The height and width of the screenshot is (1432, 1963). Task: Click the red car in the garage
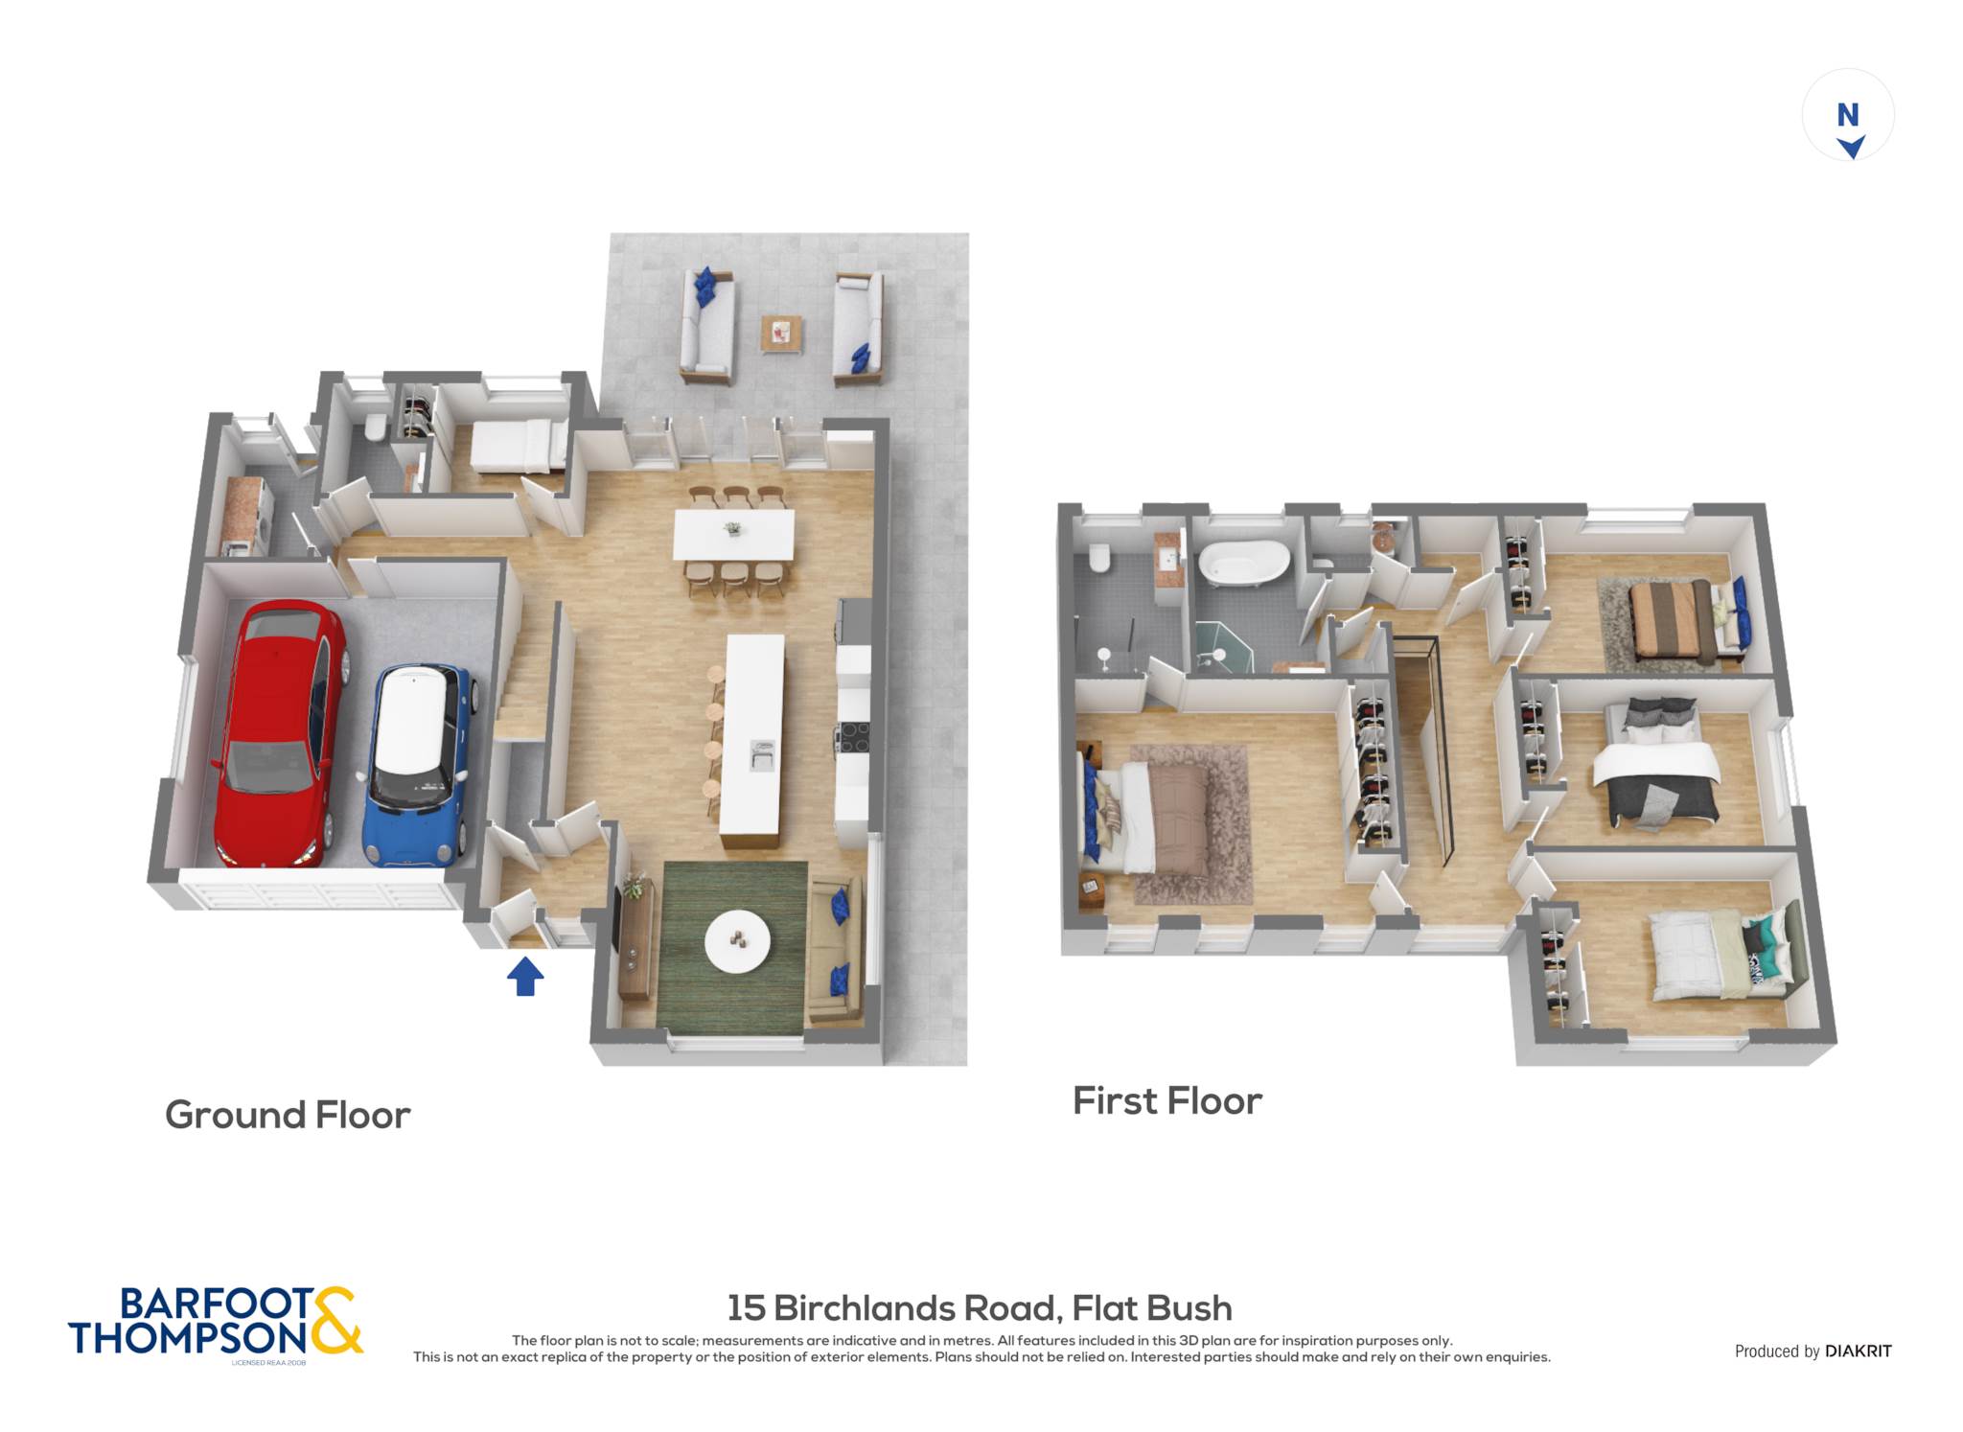click(279, 733)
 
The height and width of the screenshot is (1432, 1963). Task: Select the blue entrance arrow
click(525, 977)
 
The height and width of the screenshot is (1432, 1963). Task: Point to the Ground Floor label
click(288, 1115)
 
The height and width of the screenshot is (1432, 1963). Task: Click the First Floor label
click(1167, 1100)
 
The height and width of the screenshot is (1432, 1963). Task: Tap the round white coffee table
click(737, 941)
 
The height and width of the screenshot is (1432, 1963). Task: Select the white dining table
click(734, 534)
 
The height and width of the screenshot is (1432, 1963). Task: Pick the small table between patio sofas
click(781, 334)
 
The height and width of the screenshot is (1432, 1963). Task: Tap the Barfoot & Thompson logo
click(216, 1323)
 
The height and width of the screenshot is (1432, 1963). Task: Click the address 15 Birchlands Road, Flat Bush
click(980, 1307)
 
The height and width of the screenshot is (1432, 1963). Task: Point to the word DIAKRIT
click(1859, 1351)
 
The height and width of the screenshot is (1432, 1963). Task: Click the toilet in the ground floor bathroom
click(376, 427)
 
